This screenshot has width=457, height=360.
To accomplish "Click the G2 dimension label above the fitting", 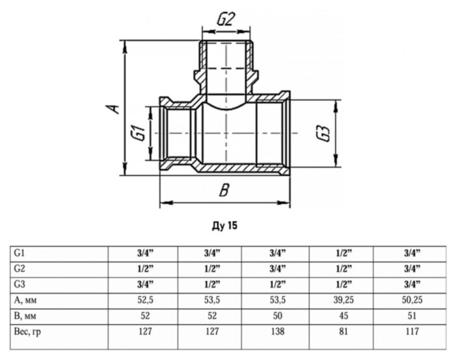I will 225,20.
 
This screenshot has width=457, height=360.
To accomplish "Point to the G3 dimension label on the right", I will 321,133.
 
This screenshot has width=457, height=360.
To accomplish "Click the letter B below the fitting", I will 224,191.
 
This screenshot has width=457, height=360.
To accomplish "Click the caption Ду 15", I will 225,226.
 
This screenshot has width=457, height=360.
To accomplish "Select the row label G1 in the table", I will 20,252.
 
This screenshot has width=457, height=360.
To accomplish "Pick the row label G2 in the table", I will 20,268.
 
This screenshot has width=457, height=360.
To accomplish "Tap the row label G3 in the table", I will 20,284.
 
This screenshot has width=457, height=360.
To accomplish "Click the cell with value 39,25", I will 343,300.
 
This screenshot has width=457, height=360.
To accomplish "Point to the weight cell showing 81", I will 343,331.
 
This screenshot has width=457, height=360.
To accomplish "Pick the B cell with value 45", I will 343,316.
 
